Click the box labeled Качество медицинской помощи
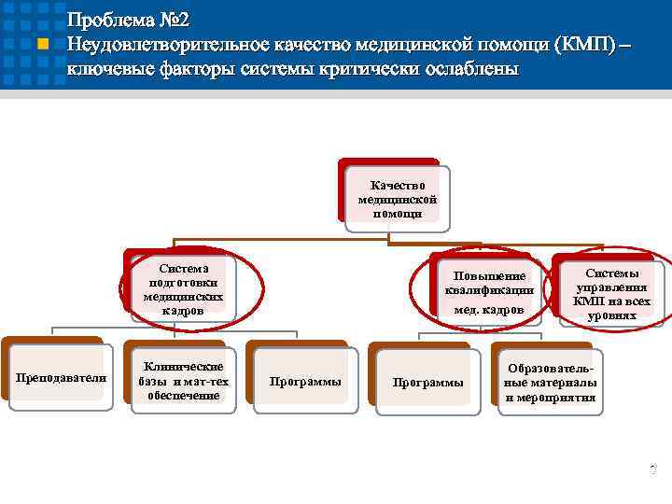397,199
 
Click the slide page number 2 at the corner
653,467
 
